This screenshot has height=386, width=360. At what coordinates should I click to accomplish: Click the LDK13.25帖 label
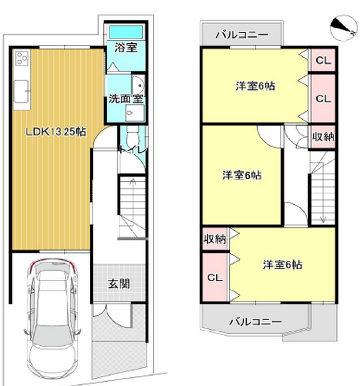coord(56,131)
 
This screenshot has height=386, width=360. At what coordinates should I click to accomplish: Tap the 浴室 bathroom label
coord(126,47)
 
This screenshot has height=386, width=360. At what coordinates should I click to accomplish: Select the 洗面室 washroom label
coord(126,99)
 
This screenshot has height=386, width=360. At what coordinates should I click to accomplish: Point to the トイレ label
coord(133,150)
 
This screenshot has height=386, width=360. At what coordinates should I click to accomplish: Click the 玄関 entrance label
coord(119,284)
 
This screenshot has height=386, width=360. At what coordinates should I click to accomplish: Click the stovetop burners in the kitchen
coord(22,58)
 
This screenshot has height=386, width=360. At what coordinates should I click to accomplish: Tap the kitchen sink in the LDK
coord(22,91)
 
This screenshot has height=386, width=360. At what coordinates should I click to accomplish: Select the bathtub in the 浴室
coord(126,32)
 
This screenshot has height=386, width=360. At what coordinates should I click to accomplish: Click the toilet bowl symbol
coord(133,138)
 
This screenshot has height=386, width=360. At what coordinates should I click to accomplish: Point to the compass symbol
coord(343,27)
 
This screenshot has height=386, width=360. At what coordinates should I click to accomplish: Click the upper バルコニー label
coord(242,35)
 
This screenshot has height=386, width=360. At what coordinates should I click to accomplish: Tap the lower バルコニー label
coord(255,321)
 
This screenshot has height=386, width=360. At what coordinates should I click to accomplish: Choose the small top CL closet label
coord(323,60)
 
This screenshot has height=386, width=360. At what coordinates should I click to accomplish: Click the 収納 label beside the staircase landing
coord(323,137)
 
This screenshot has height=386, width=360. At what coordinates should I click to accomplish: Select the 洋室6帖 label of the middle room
coord(241,175)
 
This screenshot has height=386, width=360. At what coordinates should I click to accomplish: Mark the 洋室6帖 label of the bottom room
coord(282,264)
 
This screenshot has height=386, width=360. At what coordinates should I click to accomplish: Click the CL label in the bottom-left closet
coord(214,278)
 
